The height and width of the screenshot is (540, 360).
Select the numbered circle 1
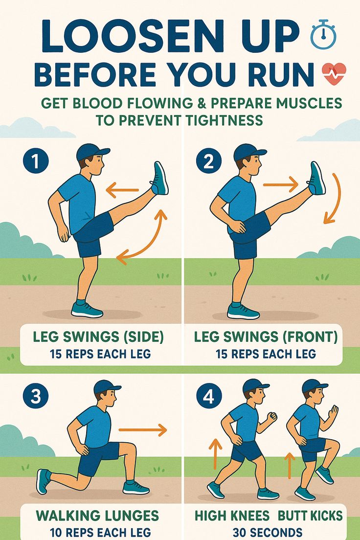click(x=36, y=161)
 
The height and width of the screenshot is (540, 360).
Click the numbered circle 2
click(x=209, y=161)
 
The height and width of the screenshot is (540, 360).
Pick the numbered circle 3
click(x=36, y=396)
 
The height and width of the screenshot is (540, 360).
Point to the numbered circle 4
click(x=209, y=396)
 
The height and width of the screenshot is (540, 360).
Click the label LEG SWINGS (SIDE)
click(x=98, y=337)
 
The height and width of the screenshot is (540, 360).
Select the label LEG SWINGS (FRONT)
click(x=266, y=337)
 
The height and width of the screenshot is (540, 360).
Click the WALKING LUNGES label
click(x=97, y=516)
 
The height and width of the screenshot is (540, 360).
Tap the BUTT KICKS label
click(x=310, y=516)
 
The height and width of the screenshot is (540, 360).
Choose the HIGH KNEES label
click(x=232, y=516)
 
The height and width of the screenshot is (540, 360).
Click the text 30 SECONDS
click(x=268, y=532)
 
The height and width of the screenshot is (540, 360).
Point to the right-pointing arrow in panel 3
click(x=143, y=429)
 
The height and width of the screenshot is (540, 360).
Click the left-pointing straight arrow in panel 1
click(x=122, y=190)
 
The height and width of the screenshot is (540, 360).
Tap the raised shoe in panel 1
click(x=159, y=178)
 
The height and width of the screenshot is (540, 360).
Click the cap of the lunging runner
click(x=106, y=387)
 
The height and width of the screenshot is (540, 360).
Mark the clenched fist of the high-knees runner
click(x=272, y=416)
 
